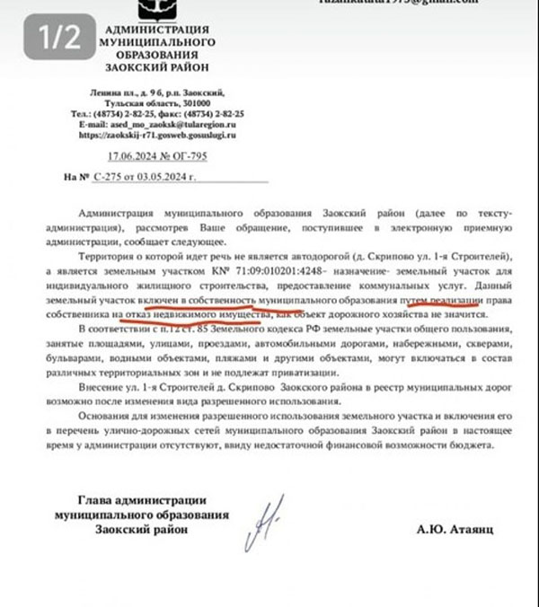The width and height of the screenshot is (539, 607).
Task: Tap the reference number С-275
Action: pos(112,177)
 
